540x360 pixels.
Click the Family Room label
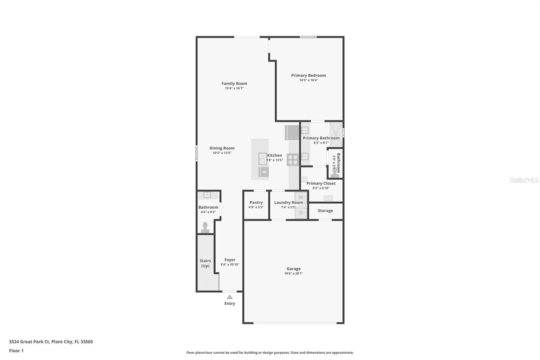[234, 83]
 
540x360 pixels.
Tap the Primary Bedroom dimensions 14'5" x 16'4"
[308, 80]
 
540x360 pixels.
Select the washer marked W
[301, 197]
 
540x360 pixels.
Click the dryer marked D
[301, 213]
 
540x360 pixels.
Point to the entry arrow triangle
[230, 297]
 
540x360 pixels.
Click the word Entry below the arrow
[230, 304]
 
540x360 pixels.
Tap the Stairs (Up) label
[205, 263]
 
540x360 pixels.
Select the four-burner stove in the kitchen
[293, 159]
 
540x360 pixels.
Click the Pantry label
[256, 203]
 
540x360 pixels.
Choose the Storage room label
[325, 211]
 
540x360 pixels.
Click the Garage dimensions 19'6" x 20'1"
[293, 274]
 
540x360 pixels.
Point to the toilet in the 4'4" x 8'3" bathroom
[205, 227]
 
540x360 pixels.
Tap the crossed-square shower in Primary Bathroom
[335, 134]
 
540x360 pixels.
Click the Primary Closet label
[321, 183]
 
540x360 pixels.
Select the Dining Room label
[222, 148]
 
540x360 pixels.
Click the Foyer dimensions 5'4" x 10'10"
[230, 265]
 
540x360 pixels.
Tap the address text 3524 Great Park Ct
[51, 342]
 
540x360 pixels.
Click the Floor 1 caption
[16, 351]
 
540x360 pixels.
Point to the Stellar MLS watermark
[524, 180]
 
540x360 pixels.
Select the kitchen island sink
[263, 159]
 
